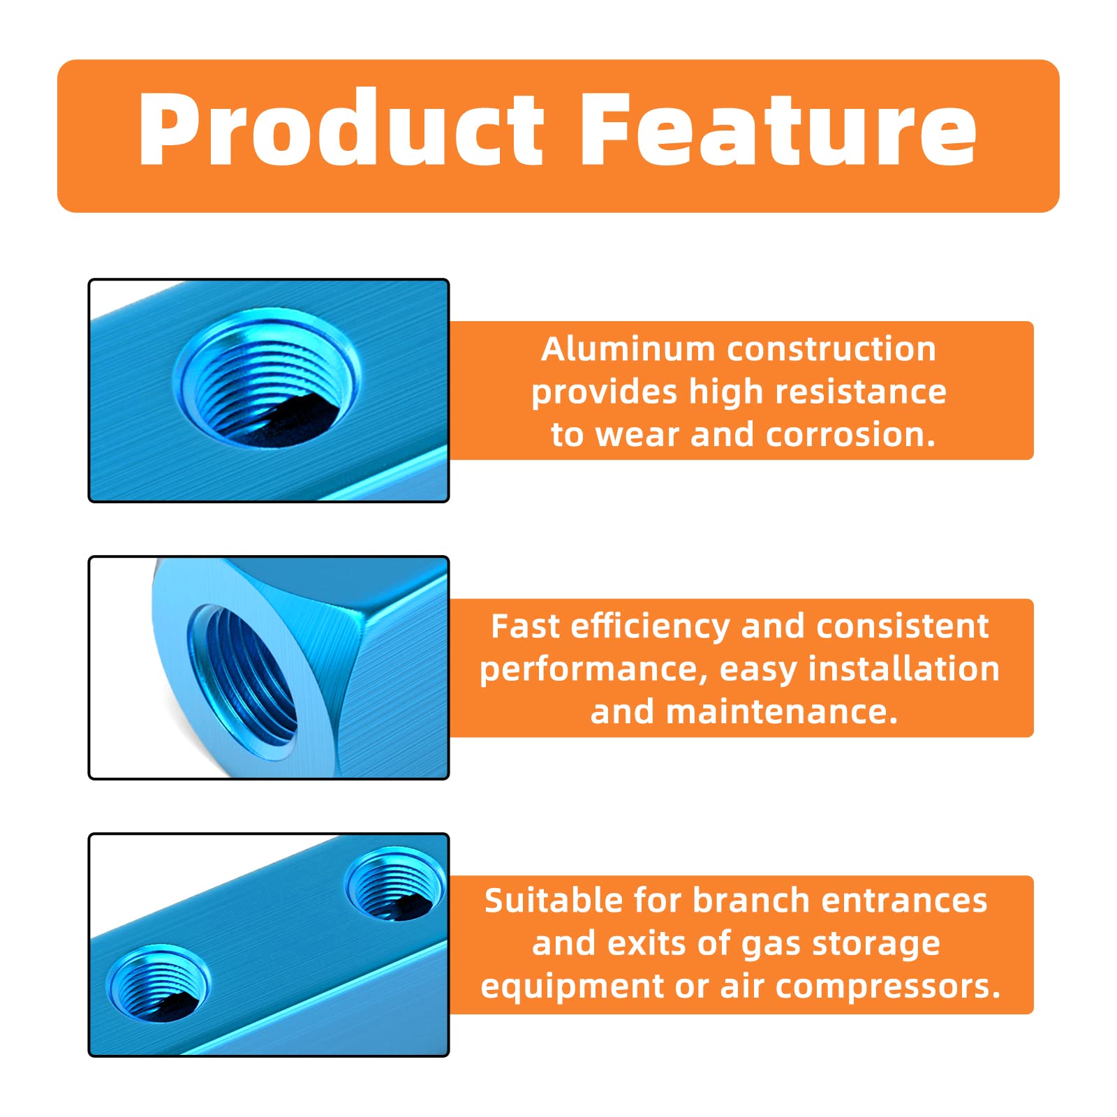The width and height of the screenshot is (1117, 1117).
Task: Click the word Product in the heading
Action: [341, 130]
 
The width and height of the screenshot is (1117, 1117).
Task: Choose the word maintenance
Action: [782, 712]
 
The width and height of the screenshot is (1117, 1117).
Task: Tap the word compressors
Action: [888, 987]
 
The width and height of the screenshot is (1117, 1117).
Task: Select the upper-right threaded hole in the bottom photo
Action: [395, 885]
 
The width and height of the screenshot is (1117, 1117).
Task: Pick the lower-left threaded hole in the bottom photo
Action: [158, 984]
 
